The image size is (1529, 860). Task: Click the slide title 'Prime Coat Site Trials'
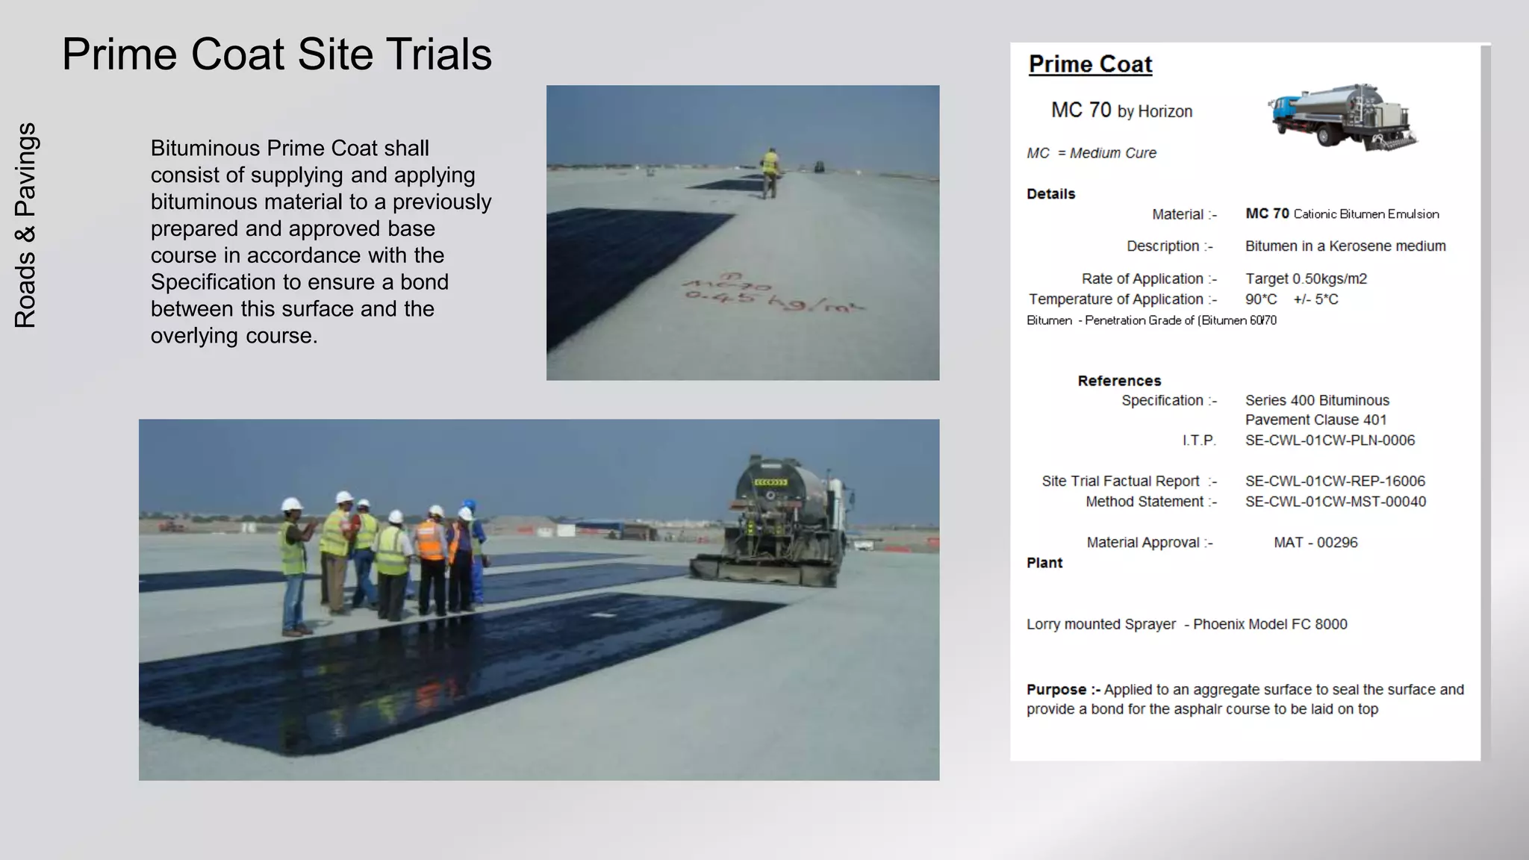[276, 54]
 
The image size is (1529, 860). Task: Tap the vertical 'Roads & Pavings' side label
[25, 225]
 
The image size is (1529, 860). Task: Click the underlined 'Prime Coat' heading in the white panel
[1090, 64]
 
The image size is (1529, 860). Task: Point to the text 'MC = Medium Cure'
[1091, 153]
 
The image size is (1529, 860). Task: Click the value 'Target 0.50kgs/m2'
[1306, 278]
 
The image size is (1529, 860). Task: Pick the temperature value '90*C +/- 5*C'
[1291, 299]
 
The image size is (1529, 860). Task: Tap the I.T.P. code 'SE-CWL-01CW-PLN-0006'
[1330, 440]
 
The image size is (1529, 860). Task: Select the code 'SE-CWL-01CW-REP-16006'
[1335, 482]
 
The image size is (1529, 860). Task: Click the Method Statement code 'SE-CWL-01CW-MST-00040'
[1335, 502]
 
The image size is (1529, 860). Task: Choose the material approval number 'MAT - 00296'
[1315, 543]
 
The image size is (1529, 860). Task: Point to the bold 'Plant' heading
[1044, 563]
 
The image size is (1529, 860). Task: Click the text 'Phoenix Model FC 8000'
[1270, 624]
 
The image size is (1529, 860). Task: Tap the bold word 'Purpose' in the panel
[1056, 690]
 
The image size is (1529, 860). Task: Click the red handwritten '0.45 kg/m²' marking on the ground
[773, 301]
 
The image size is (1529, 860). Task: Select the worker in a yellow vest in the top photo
[769, 172]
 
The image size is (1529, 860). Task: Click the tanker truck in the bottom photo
[784, 523]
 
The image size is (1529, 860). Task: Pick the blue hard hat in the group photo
[469, 505]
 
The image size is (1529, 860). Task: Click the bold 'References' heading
[1118, 381]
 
